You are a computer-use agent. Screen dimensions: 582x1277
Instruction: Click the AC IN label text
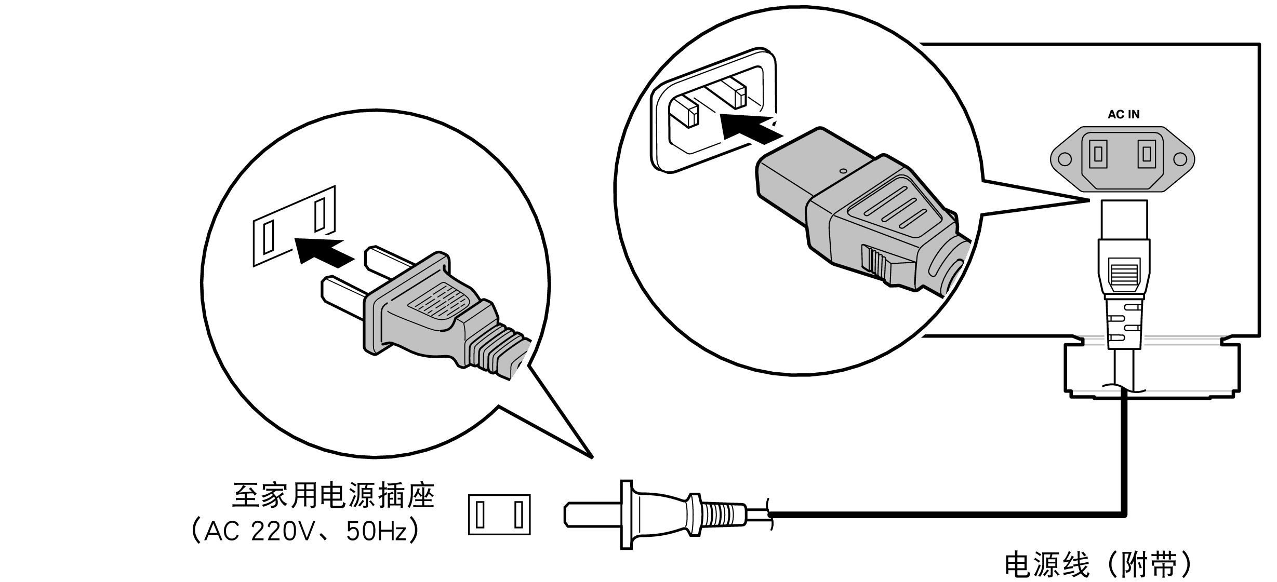pos(1123,115)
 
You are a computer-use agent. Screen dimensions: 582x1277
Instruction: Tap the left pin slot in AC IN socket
pos(1098,154)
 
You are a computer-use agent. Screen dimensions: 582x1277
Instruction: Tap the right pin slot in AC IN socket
pos(1147,154)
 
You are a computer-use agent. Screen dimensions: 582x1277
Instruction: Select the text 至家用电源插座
pos(333,496)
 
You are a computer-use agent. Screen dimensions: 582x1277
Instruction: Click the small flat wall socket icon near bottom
pos(499,515)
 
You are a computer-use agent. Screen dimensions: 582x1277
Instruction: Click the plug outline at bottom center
pos(660,514)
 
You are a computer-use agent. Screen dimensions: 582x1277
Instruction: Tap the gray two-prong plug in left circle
pos(426,312)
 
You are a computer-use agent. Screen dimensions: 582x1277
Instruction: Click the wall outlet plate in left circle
pos(294,226)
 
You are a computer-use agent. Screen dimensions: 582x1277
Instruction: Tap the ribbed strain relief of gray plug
pos(496,350)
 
